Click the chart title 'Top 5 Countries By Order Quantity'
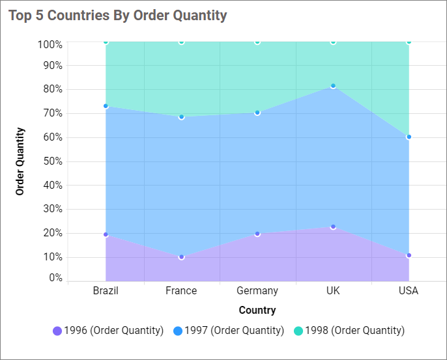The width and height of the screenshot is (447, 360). pos(118,16)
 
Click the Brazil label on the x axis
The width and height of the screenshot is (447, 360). pos(106,290)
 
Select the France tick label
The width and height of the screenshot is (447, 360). pos(181,290)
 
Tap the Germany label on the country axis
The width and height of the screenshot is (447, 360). pos(257,290)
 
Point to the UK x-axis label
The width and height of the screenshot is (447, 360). pos(333,290)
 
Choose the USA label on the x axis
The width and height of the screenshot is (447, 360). pos(409,290)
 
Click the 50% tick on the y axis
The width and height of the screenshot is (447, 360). pos(51,161)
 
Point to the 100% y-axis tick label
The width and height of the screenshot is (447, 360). pos(50,44)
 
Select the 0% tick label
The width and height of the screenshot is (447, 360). pos(55,278)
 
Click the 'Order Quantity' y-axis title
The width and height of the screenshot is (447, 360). pos(20,161)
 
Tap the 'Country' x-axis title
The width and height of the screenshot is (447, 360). pos(257,310)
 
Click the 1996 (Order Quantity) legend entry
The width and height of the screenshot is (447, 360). pos(108,331)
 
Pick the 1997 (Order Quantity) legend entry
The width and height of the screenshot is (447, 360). pos(229,331)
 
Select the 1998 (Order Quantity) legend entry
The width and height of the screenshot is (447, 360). pos(349,331)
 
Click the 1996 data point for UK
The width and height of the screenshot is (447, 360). pos(333,227)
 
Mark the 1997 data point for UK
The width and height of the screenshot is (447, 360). pos(333,86)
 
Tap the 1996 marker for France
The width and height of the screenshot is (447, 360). pos(181,257)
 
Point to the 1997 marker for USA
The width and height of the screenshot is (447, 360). pos(409,137)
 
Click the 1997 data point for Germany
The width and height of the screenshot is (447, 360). pos(257,113)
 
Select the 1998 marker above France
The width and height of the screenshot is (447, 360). pos(181,42)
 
